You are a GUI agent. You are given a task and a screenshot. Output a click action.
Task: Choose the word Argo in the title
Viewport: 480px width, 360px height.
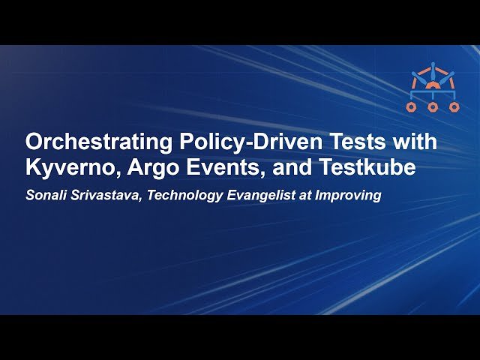153,168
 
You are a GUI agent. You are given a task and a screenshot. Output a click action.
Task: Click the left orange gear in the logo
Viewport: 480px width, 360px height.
411,107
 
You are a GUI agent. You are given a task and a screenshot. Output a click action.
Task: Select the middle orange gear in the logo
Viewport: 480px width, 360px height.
433,107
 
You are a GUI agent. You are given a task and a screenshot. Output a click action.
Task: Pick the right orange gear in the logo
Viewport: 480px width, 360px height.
454,107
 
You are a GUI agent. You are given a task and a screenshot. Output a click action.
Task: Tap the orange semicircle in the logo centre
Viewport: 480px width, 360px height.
433,86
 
